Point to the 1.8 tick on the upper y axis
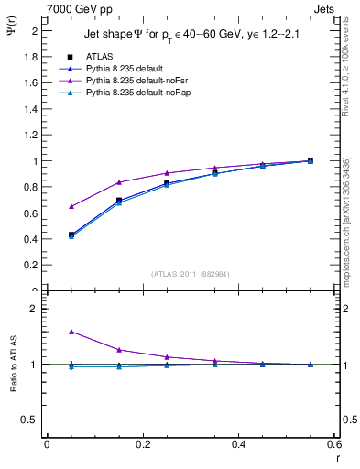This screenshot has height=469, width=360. (33, 57)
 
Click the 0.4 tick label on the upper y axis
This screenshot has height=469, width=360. (33, 240)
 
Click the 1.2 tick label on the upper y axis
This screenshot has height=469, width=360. (33, 136)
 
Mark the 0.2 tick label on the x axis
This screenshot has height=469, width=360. (142, 444)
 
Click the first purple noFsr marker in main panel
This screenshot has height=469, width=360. (71, 206)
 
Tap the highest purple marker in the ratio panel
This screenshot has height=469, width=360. (71, 332)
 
